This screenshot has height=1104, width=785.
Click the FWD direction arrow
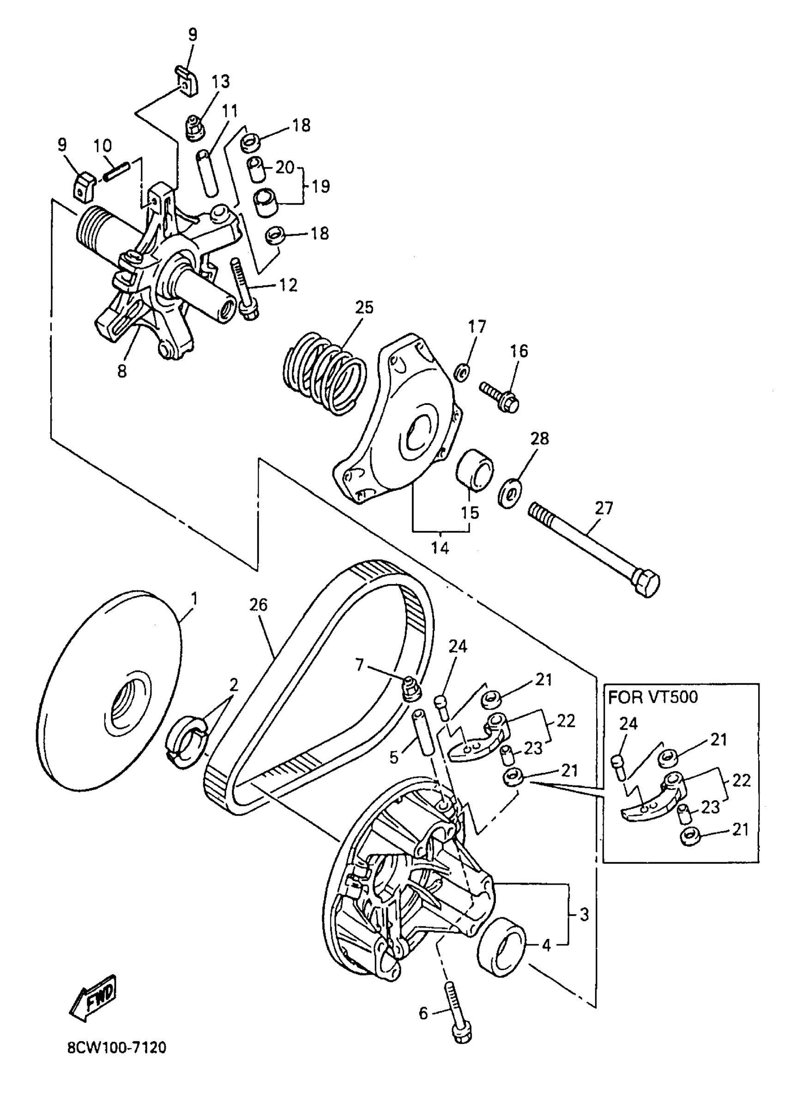[93, 997]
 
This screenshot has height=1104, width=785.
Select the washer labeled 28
[510, 494]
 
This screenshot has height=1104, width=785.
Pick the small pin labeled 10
[116, 172]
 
